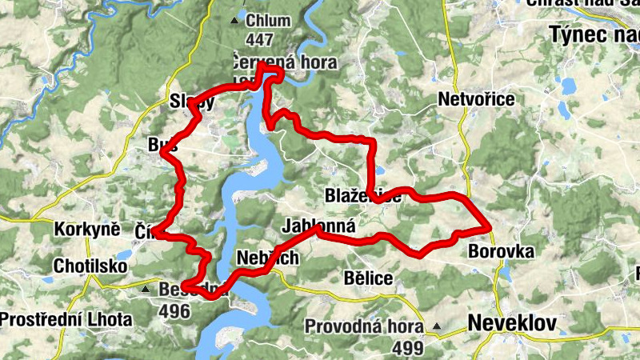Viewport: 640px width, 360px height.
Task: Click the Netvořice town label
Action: tap(477, 99)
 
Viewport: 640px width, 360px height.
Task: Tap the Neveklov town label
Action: tap(509, 323)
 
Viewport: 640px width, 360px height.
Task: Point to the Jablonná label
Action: tap(318, 226)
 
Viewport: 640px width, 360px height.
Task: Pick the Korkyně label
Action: tap(86, 229)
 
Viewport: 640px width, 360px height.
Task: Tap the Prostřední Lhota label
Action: tap(66, 319)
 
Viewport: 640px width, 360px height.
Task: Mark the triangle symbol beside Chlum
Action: tap(234, 21)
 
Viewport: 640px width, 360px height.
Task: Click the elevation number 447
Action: tap(260, 39)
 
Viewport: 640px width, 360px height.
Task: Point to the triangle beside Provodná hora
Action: tap(438, 326)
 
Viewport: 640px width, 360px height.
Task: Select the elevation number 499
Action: tap(408, 348)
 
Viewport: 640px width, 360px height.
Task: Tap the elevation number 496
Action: tap(174, 311)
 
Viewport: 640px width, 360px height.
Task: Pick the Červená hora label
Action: tap(283, 62)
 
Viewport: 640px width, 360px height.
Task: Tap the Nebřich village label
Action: tap(268, 258)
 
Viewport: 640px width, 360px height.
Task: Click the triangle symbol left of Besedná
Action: tap(146, 289)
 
